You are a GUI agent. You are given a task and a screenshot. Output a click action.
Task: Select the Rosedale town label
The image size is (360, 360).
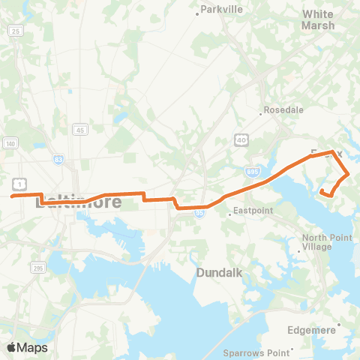[284, 109]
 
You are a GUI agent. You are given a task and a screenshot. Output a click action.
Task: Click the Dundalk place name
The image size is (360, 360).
[218, 273]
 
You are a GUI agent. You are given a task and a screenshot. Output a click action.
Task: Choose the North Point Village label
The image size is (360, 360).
[322, 242]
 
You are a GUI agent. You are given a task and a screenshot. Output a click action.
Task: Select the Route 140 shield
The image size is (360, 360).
[10, 143]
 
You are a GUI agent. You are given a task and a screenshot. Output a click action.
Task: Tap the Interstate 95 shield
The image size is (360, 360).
[199, 213]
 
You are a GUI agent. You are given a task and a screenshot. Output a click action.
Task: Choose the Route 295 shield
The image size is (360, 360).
[38, 266]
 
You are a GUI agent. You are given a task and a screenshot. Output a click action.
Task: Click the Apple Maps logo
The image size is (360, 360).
[27, 347]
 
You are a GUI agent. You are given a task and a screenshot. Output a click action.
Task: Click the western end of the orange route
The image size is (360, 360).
[12, 196]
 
